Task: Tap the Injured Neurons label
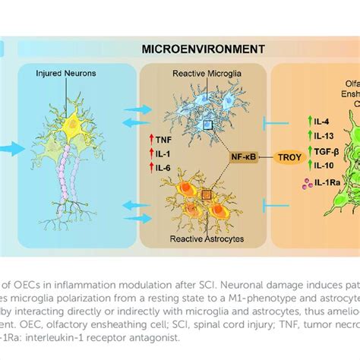click(x=65, y=74)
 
